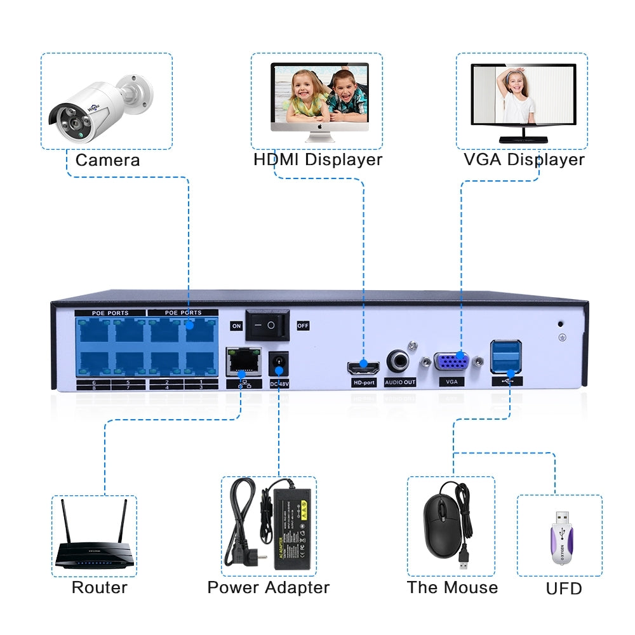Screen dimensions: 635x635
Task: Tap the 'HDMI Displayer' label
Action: (317, 159)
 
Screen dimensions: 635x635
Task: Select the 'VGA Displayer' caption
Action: (524, 159)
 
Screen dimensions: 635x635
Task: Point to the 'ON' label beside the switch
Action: (236, 326)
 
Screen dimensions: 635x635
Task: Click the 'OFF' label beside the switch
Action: (303, 326)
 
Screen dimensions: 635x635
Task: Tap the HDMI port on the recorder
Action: (363, 367)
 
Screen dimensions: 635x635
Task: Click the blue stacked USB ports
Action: (505, 357)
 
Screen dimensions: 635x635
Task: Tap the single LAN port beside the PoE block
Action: (242, 361)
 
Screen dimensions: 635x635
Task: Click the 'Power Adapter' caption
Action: (269, 587)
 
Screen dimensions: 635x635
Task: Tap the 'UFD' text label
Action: (563, 589)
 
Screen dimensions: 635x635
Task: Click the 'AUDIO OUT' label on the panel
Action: (400, 383)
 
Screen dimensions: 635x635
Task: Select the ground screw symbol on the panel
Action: (562, 337)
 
